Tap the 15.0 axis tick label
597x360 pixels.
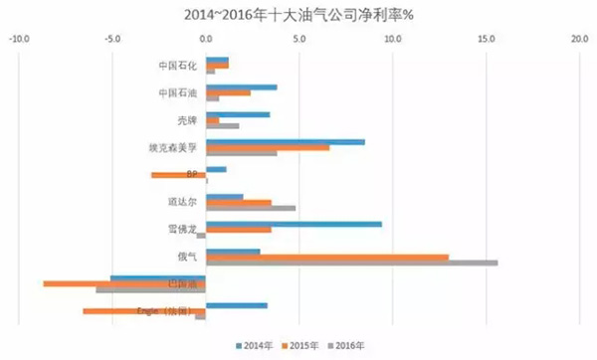coord(486,40)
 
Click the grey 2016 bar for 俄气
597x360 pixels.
coord(351,263)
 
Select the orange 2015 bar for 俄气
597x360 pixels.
coord(326,257)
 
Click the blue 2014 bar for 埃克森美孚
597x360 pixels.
coord(285,141)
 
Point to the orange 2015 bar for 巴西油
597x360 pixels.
coord(124,283)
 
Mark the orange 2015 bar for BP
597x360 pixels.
coord(178,175)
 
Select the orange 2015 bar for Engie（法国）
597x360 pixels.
coord(143,311)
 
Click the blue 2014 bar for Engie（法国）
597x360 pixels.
coord(236,305)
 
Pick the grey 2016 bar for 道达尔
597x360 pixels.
coord(250,208)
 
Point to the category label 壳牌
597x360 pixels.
coord(187,120)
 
